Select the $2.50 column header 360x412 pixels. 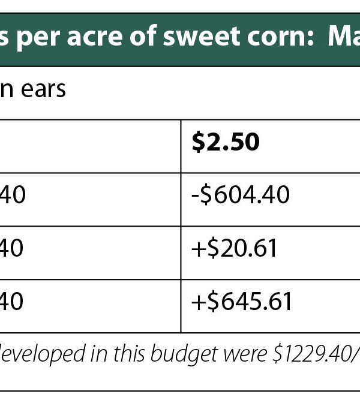click(x=225, y=142)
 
